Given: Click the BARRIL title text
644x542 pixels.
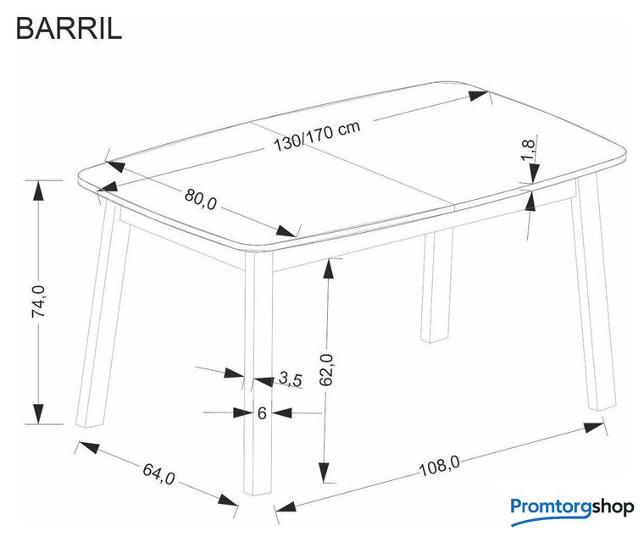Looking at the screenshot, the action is [69, 29].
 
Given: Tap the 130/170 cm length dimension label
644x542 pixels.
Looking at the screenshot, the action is [317, 135].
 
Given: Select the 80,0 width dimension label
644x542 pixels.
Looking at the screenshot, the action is [201, 199].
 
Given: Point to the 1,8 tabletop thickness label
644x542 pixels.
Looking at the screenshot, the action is [529, 150].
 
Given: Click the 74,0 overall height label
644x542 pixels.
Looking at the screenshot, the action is [39, 301].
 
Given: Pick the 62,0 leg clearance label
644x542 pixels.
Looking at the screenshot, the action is [327, 369].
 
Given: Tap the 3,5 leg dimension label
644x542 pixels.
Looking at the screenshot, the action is [291, 379].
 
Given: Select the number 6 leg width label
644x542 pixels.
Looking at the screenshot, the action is [262, 412].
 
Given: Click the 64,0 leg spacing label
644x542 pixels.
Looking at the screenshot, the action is [159, 473].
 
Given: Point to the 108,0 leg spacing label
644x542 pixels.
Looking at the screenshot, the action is [440, 466].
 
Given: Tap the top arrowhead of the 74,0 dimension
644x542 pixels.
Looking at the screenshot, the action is [38, 190].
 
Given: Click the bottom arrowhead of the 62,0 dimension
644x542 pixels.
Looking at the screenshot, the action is [325, 473].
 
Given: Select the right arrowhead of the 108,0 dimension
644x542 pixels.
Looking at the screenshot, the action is [594, 427].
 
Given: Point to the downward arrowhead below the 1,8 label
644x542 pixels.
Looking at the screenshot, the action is [534, 173].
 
